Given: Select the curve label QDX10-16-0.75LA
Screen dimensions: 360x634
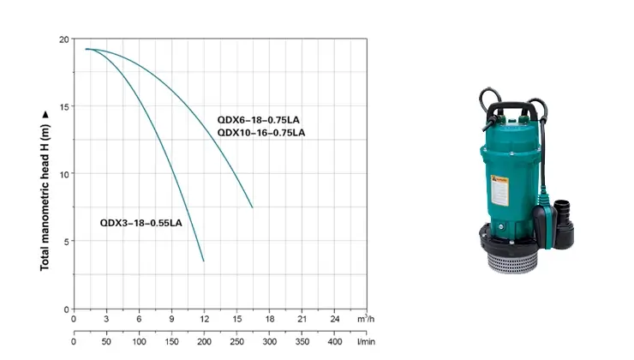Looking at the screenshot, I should click(261, 133).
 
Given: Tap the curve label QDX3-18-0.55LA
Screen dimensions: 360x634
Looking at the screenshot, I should click(141, 223).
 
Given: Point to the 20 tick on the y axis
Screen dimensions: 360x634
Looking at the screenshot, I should click(63, 39).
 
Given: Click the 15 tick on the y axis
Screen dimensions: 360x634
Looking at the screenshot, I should click(63, 106).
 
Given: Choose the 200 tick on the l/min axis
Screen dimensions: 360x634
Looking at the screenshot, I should click(204, 342).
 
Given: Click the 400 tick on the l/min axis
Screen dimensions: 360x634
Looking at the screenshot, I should click(335, 342).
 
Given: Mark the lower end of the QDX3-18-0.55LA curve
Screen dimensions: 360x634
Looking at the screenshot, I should click(204, 261).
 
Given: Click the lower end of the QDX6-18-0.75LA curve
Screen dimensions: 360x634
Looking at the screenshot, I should click(253, 207).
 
